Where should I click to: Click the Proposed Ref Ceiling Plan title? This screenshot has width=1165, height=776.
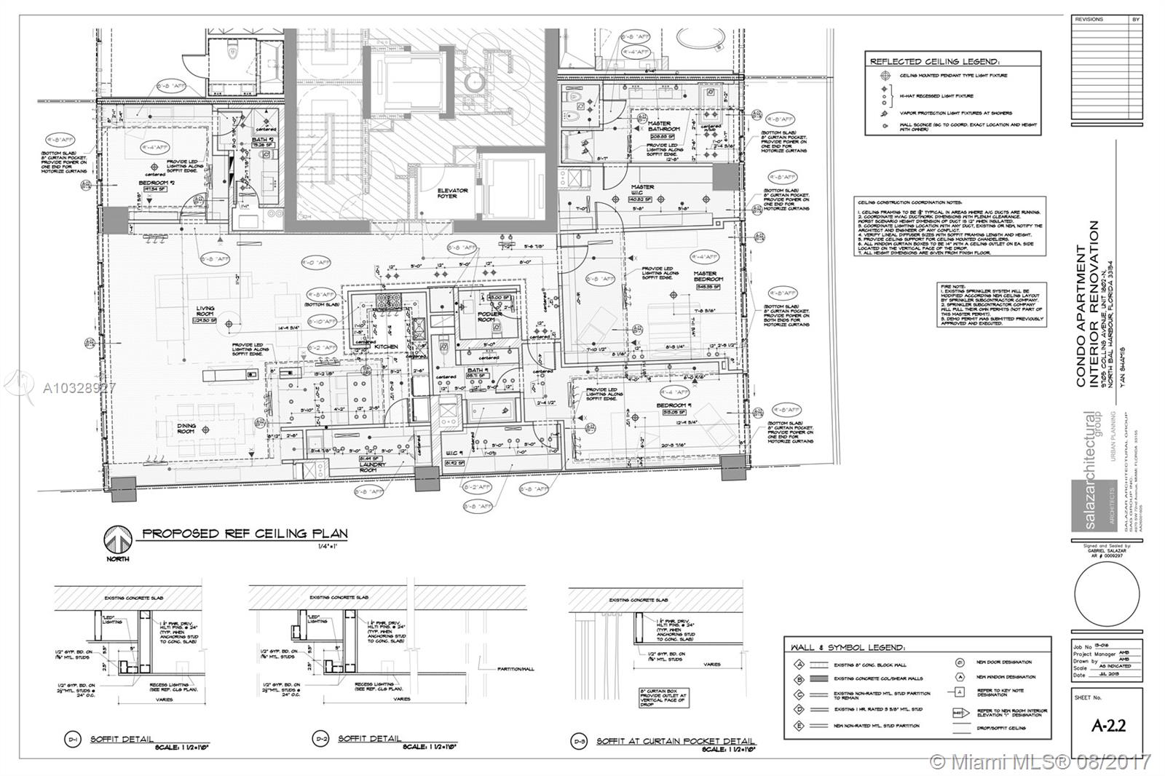[x=245, y=534]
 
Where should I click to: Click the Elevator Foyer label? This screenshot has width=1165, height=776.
[x=452, y=194]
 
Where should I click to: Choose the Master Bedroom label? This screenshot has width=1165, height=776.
[x=705, y=277]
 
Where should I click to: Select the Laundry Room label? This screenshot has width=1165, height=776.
[x=368, y=467]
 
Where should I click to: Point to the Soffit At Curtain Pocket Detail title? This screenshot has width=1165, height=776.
[x=676, y=741]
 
